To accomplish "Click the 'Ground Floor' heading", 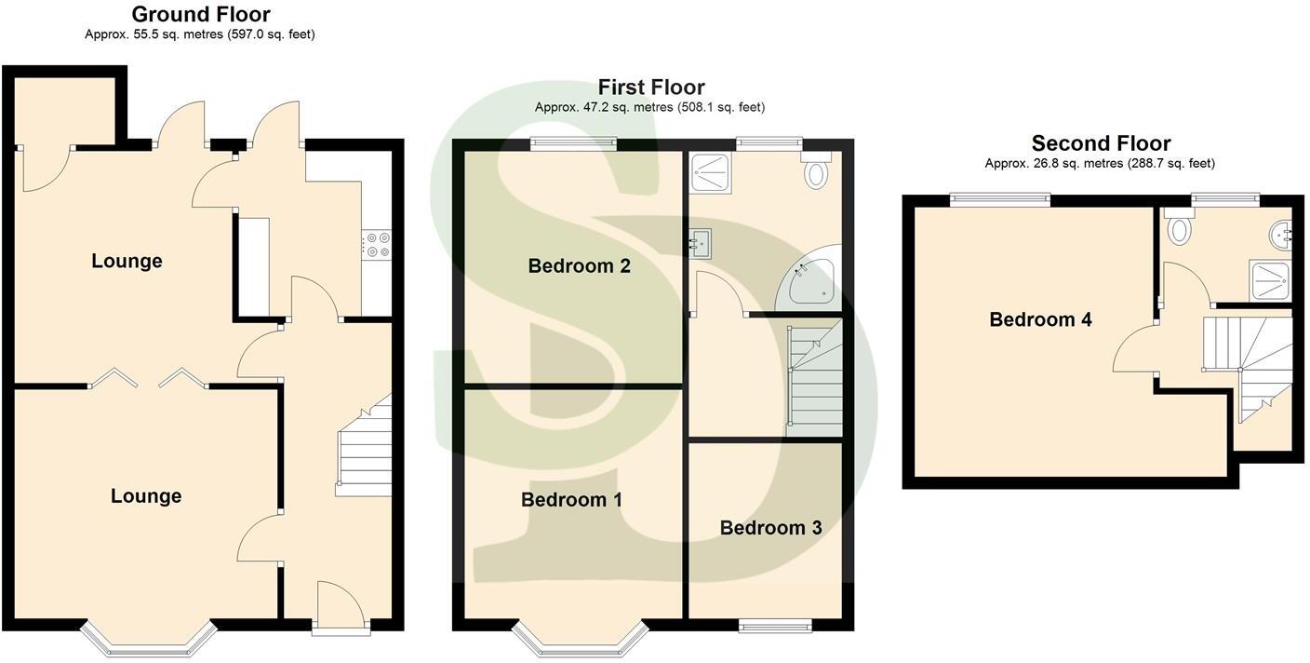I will tap(200, 15).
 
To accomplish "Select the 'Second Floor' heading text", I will tap(1100, 143).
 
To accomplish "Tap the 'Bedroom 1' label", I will tap(571, 500).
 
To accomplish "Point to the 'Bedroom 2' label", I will tap(579, 266).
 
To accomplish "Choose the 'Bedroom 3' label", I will tap(770, 528).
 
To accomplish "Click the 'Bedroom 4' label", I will tap(1040, 319).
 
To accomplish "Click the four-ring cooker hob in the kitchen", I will tap(378, 245).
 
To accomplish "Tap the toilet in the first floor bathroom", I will tap(818, 173).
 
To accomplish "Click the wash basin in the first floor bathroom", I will tap(701, 244).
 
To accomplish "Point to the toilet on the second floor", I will tap(1181, 228).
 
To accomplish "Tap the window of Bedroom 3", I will tap(774, 626).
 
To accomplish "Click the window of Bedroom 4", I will tap(1000, 199).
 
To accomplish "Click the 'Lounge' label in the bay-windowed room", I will tap(146, 496).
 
